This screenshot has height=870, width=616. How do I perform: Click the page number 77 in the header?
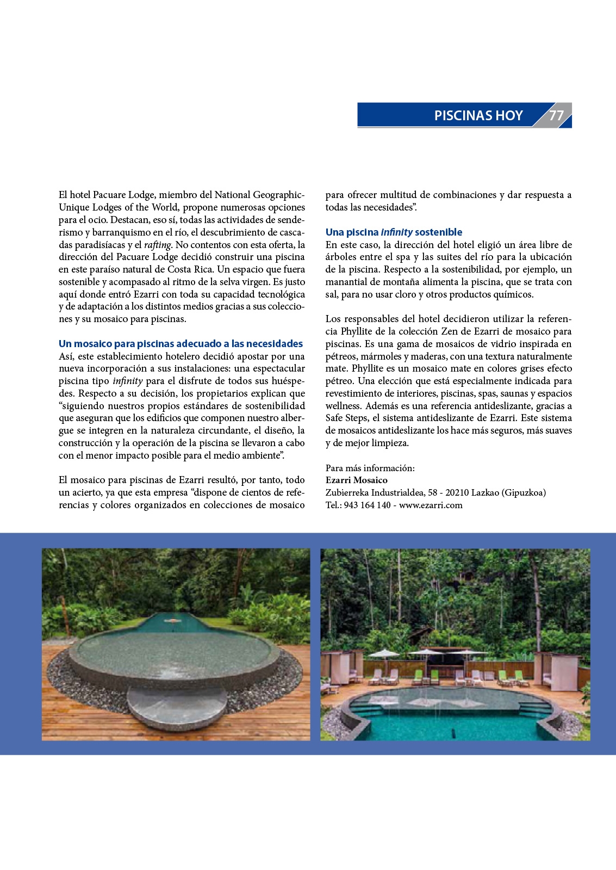[x=556, y=115]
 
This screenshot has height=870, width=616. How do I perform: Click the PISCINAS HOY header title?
[x=478, y=115]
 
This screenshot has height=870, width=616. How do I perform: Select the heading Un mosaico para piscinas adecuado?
[x=181, y=344]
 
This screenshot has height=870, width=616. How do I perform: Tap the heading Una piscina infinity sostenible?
[x=394, y=232]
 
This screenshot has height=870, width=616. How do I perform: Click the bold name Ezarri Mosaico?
[x=357, y=480]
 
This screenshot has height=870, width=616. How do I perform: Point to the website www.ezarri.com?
[x=431, y=505]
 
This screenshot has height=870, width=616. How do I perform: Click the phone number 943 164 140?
[x=367, y=505]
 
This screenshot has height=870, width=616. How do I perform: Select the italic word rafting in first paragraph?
[x=158, y=245]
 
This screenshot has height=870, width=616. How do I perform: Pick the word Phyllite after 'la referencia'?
[x=360, y=331]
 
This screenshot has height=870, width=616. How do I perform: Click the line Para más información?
[x=370, y=468]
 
